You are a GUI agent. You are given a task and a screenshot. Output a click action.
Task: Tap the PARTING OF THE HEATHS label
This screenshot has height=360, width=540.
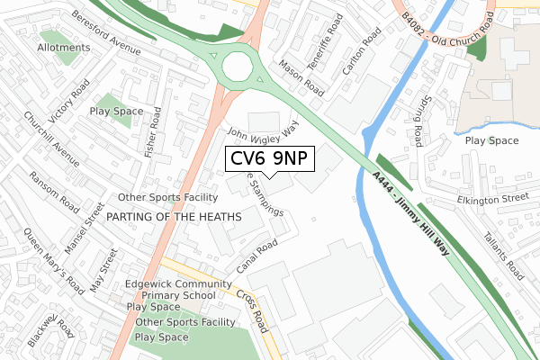[x=174, y=217]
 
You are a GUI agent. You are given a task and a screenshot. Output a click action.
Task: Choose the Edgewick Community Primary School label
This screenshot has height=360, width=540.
[x=171, y=288]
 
